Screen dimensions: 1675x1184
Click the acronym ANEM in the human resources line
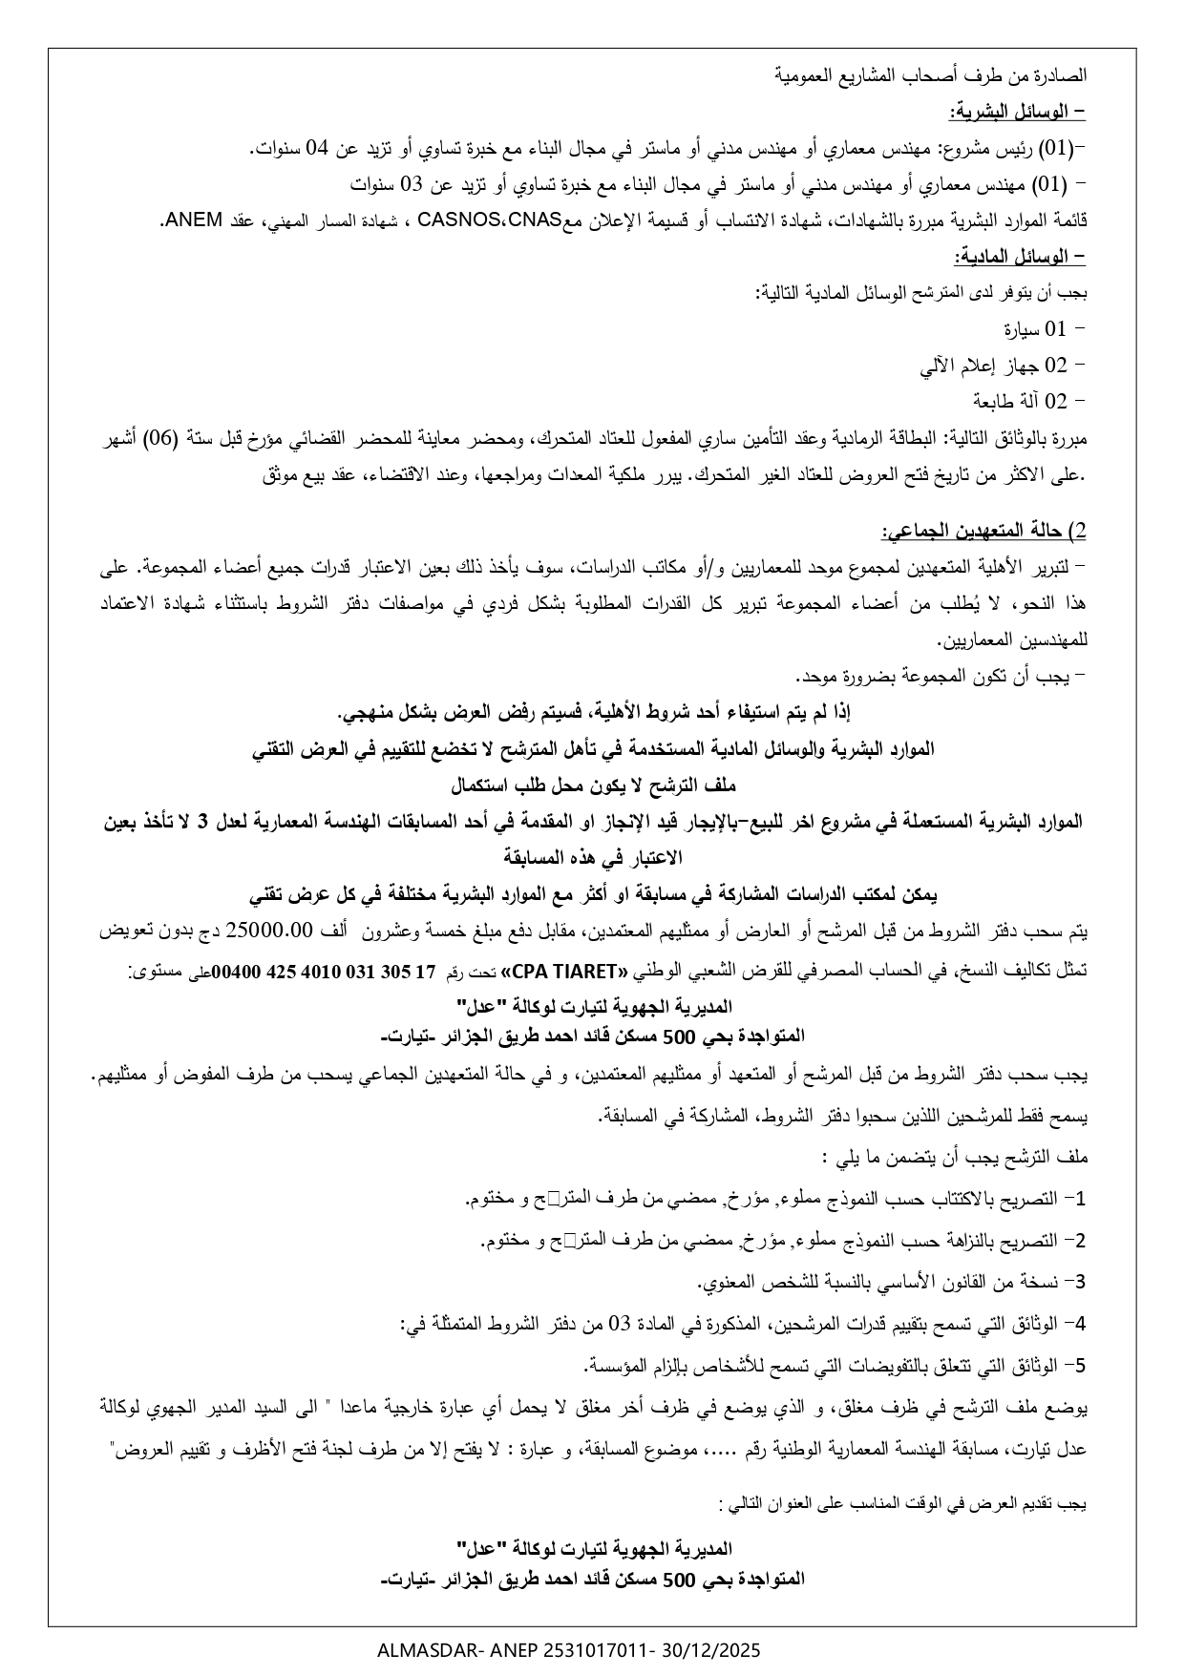coord(181,220)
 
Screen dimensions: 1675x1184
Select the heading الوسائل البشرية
coord(1017,113)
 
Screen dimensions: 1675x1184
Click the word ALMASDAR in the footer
coord(423,1649)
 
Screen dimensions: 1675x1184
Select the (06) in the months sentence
coord(831,438)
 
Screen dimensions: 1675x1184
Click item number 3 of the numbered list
coord(1081,1283)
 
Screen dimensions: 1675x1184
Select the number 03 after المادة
coord(620,1325)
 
